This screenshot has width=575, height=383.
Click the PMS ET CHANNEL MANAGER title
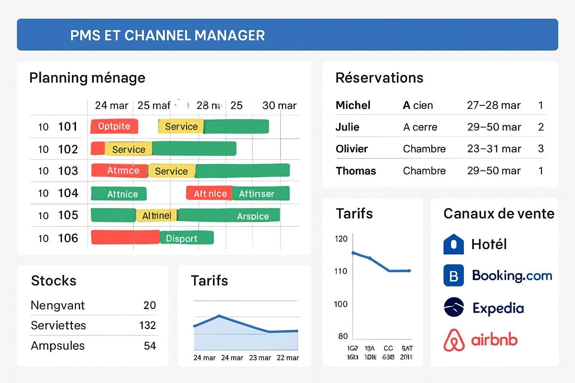tap(167, 35)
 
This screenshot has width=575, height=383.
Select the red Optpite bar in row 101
tap(114, 126)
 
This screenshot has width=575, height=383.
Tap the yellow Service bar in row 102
tap(128, 149)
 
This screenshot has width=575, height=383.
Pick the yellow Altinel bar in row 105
tap(156, 215)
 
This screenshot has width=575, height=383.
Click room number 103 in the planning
tap(68, 171)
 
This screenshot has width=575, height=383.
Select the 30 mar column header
tap(279, 105)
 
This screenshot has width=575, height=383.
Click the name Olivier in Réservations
tap(352, 149)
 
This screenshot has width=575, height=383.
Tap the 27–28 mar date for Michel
tap(493, 105)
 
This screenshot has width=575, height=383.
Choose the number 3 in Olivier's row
tap(541, 149)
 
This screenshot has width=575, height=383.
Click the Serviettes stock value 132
tap(147, 325)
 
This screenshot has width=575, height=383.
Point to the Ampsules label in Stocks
tap(58, 346)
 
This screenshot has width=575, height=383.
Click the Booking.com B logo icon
tap(454, 276)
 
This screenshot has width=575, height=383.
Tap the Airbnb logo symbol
tap(454, 340)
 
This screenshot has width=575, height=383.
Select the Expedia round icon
tap(454, 307)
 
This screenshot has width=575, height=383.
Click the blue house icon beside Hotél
tap(454, 244)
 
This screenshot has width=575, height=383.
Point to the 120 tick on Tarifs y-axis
tap(341, 239)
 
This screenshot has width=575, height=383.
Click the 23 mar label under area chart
tap(260, 358)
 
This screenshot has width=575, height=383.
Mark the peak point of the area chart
tap(219, 316)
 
